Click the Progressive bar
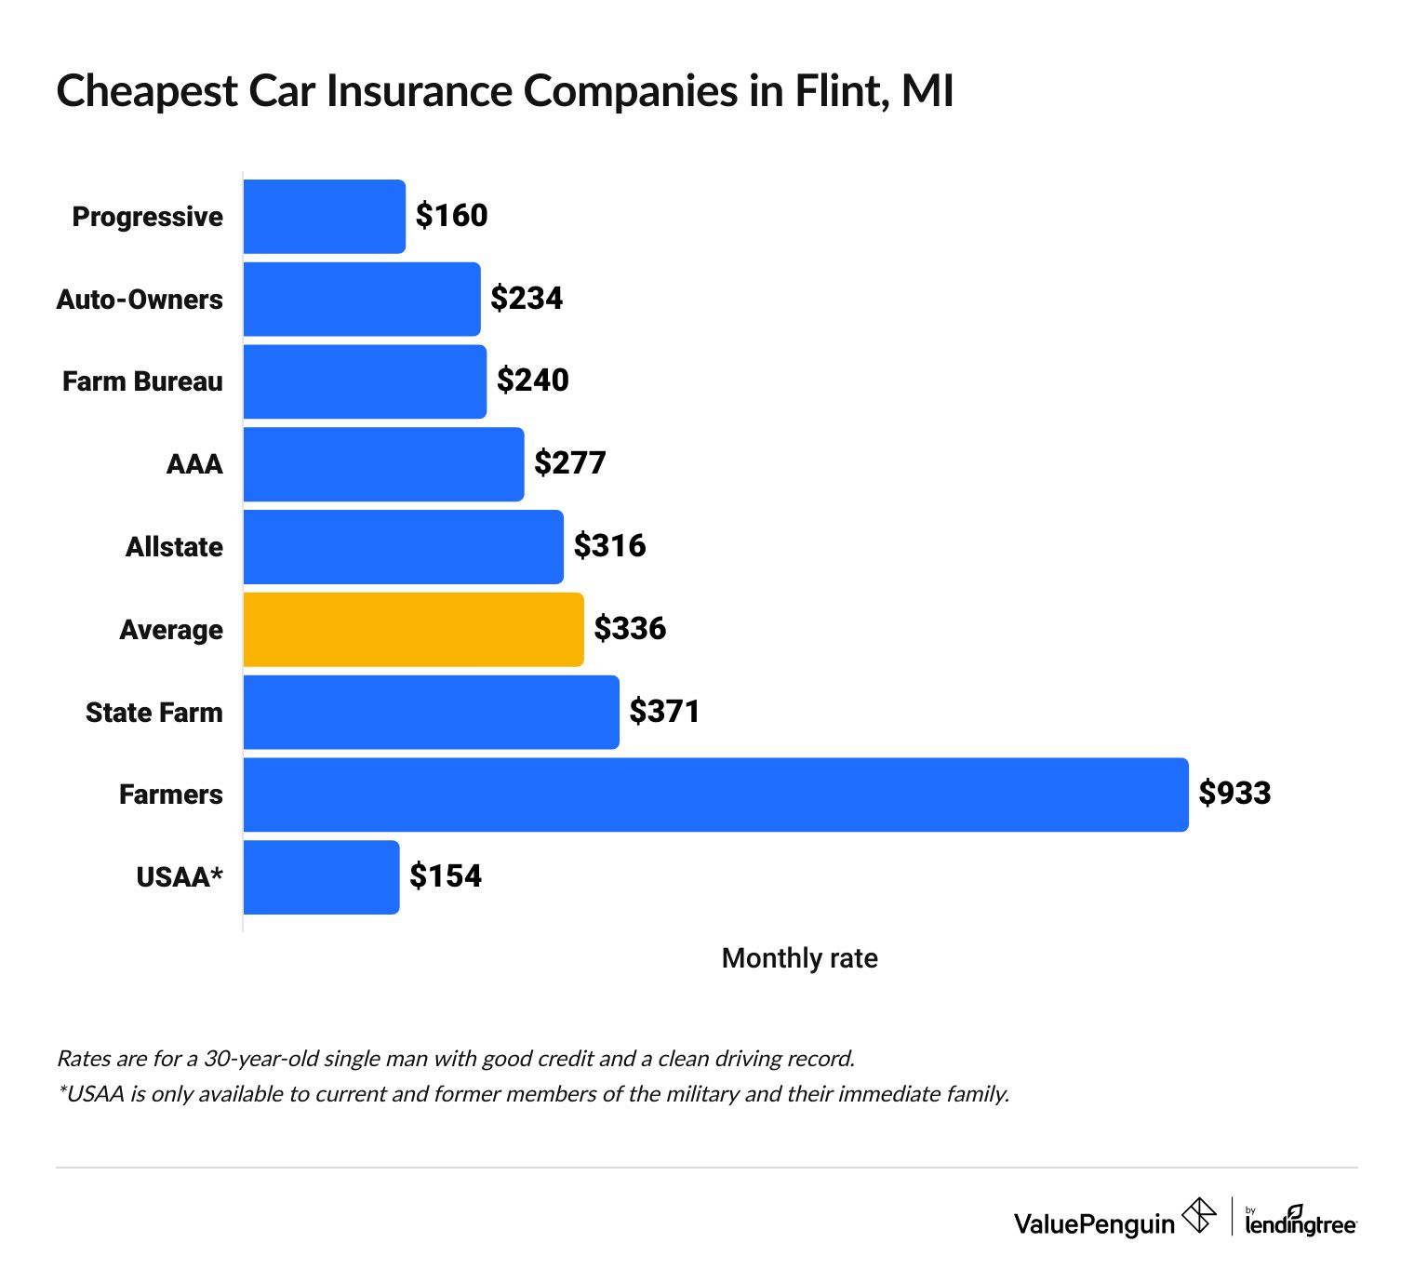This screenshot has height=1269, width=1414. coord(324,217)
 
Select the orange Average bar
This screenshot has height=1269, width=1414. coord(413,630)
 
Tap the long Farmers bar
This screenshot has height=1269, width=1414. coord(715,795)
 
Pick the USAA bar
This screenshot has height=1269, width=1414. coord(321,877)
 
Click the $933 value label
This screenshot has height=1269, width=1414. coord(1234,794)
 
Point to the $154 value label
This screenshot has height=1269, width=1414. coord(446,876)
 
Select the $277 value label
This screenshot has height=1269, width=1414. coord(569,463)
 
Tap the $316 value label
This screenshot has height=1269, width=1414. coord(609,546)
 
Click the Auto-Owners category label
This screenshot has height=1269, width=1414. coord(140,300)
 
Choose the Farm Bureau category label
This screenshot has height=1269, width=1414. coord(142,381)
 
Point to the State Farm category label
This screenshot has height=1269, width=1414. coord(154,713)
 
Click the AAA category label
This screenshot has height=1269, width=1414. coord(194,464)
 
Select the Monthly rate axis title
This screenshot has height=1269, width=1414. coord(799,958)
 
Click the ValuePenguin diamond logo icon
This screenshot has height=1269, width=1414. coord(1198,1216)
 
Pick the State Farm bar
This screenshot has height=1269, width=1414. coord(431,713)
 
